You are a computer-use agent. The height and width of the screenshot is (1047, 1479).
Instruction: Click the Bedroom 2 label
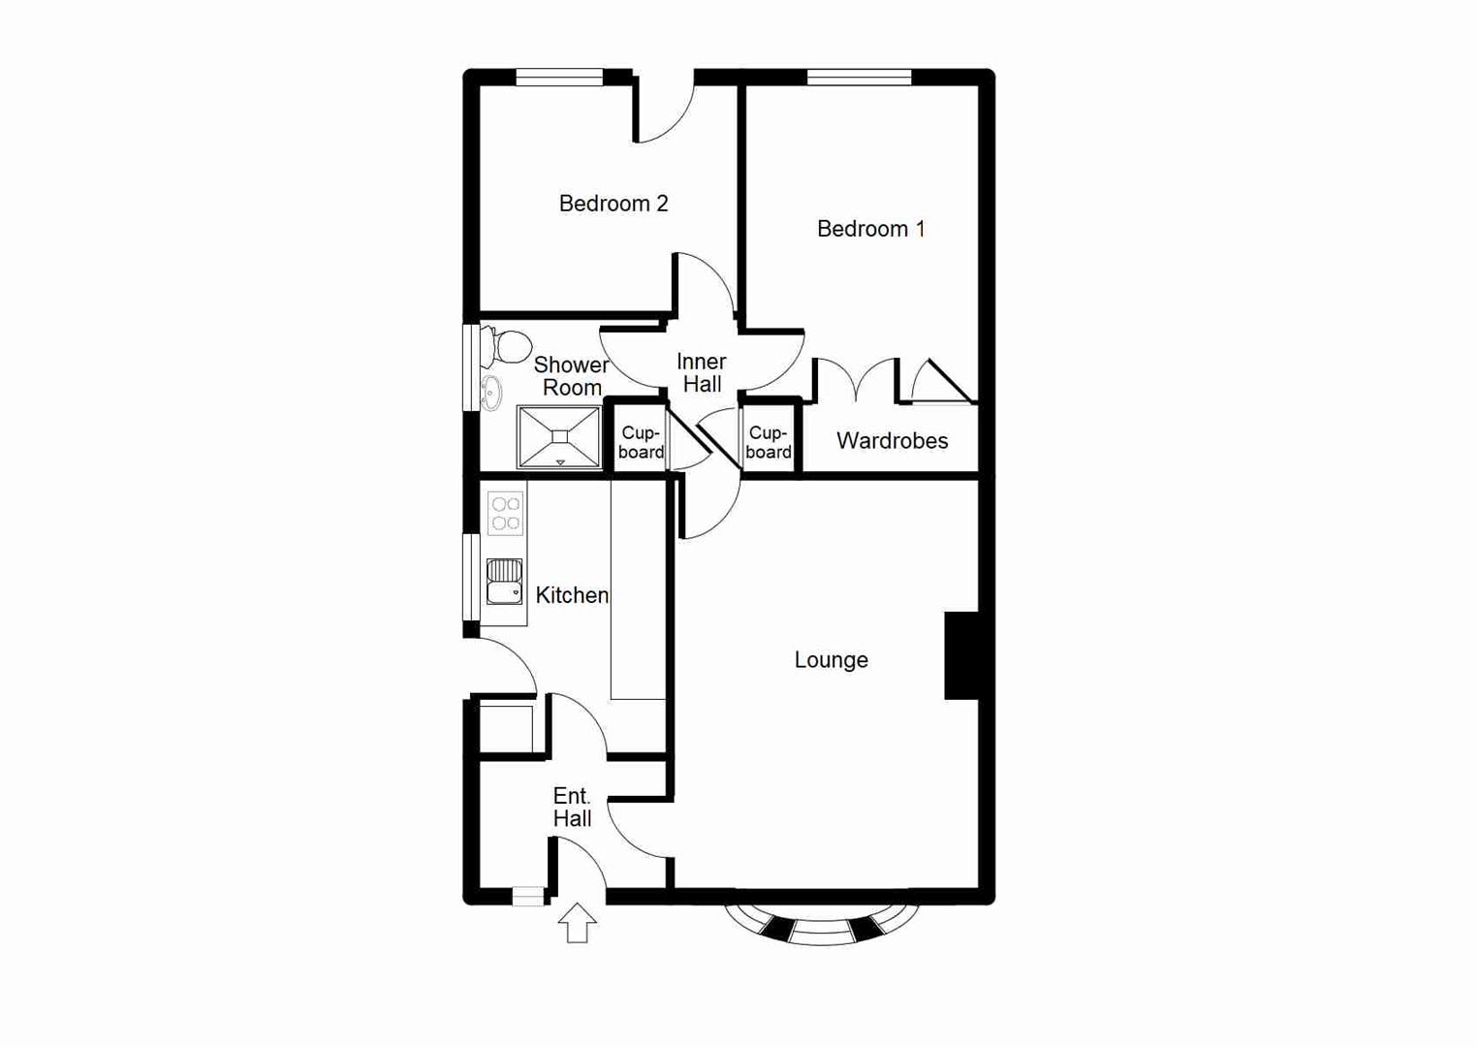(614, 204)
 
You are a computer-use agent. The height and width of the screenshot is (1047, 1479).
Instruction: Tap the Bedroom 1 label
(870, 229)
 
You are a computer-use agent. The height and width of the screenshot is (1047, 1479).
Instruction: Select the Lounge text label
(831, 660)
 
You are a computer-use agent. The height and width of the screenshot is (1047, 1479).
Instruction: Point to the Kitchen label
(572, 595)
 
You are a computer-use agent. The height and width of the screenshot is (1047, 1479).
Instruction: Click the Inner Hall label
(702, 373)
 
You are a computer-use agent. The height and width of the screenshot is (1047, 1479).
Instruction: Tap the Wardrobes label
(892, 441)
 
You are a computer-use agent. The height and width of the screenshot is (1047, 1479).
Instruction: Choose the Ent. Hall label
(572, 808)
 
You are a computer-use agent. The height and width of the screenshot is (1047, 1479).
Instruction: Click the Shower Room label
(571, 376)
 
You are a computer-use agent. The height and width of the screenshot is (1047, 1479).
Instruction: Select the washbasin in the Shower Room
(491, 393)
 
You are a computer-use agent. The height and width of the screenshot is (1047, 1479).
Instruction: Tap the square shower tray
(559, 437)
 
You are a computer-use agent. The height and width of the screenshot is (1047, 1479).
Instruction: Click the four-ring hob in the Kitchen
(505, 514)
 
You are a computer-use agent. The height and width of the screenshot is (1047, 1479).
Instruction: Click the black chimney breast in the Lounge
(961, 655)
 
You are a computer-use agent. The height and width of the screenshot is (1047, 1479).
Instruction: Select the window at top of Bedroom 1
(859, 78)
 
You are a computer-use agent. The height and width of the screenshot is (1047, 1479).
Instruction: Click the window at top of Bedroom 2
(559, 78)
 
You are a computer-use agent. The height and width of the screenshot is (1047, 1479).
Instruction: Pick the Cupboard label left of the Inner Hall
(641, 442)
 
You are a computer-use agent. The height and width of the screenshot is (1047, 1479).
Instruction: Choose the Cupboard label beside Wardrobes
(769, 442)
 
